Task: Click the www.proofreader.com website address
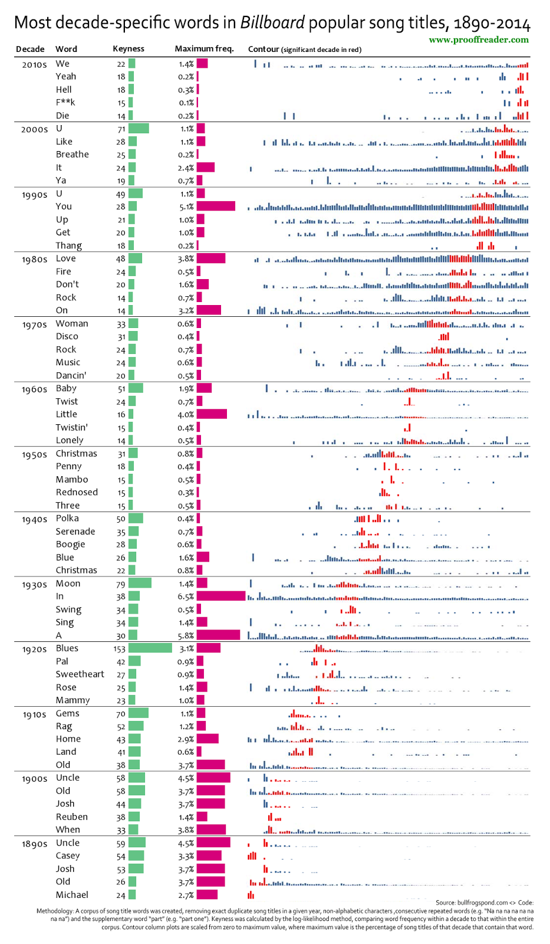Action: [x=479, y=40]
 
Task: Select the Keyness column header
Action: [x=129, y=49]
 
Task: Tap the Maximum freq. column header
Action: [x=204, y=49]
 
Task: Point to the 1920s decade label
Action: [x=34, y=650]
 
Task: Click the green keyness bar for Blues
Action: [x=150, y=648]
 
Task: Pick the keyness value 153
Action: [x=120, y=649]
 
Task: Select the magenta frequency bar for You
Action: [x=216, y=206]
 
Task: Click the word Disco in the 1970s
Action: [x=67, y=336]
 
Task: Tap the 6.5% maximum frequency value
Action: [x=186, y=596]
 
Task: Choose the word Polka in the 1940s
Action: [x=67, y=519]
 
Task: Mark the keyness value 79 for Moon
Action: [x=121, y=584]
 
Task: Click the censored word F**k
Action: [x=65, y=103]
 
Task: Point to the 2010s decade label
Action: [x=34, y=65]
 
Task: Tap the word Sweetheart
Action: [x=80, y=674]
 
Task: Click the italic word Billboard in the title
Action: [x=272, y=23]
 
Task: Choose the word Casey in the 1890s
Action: [x=68, y=856]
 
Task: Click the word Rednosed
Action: [x=77, y=493]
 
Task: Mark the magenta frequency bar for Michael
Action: [x=207, y=895]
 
